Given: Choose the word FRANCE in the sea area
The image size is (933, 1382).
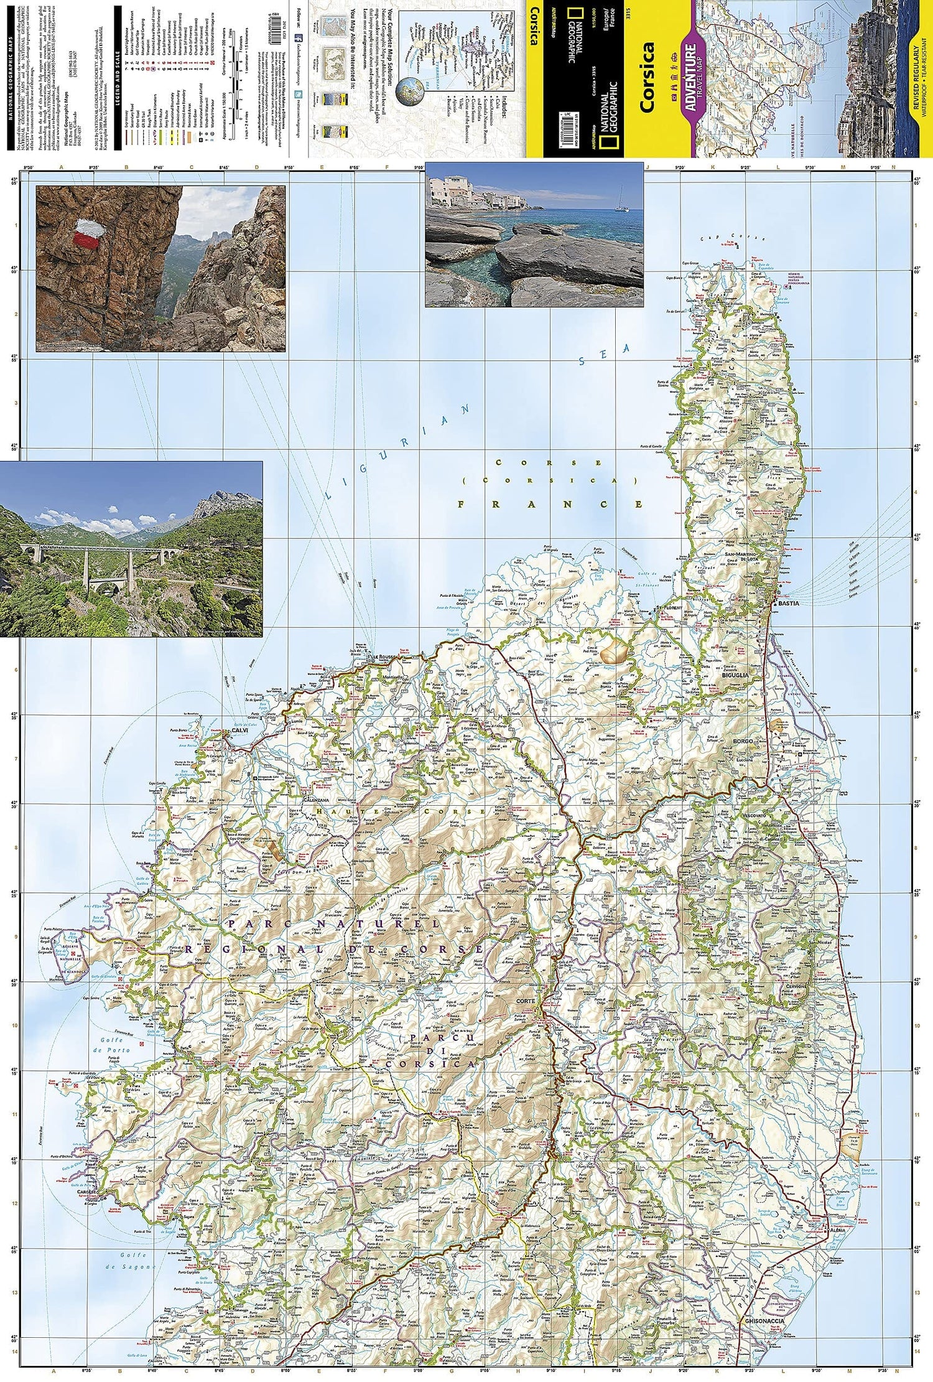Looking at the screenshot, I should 550,504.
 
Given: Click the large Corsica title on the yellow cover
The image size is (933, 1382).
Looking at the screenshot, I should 647,78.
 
